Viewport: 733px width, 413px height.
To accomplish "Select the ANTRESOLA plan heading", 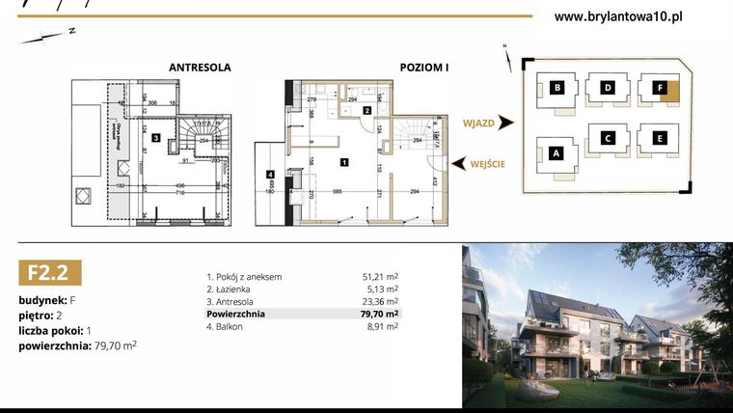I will (200, 69).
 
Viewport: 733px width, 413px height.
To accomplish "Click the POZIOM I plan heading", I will (425, 69).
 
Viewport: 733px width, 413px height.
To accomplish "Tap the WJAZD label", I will (479, 124).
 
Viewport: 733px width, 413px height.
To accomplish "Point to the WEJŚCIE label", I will (489, 164).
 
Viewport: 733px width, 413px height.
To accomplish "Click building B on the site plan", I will (557, 89).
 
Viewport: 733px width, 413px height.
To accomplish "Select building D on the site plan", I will (609, 89).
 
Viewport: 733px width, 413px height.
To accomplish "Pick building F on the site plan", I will (661, 89).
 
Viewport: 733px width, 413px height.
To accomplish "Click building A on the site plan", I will (556, 152).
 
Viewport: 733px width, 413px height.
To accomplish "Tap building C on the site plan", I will (609, 138).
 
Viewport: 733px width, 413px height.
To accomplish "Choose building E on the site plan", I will (660, 138).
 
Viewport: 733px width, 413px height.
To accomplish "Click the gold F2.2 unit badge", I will (48, 273).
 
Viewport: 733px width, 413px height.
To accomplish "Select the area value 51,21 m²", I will (380, 277).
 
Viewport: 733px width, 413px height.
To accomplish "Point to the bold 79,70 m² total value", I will (379, 314).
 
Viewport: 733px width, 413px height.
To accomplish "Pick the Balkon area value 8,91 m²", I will (382, 326).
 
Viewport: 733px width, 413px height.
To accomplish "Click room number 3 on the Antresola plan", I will (155, 139).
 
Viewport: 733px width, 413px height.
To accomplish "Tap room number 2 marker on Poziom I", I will (367, 111).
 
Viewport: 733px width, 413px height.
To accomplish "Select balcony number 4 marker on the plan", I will (272, 175).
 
